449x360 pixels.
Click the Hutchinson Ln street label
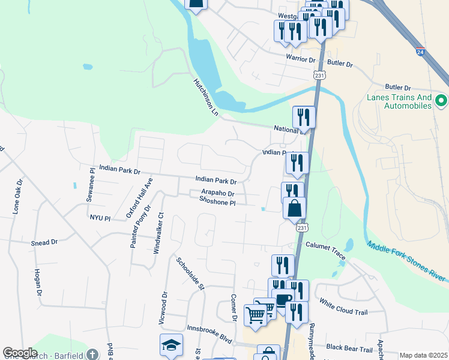pyautogui.click(x=206, y=96)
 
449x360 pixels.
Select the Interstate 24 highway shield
pyautogui.click(x=420, y=52)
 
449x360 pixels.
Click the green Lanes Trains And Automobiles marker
pyautogui.click(x=442, y=100)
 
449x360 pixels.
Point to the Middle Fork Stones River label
pyautogui.click(x=408, y=261)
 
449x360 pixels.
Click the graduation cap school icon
pyautogui.click(x=170, y=345)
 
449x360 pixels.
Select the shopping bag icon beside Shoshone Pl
pyautogui.click(x=295, y=208)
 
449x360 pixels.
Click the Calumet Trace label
pyautogui.click(x=325, y=250)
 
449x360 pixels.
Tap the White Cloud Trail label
pyautogui.click(x=343, y=307)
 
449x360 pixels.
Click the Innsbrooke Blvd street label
pyautogui.click(x=209, y=333)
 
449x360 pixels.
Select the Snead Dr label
pyautogui.click(x=44, y=242)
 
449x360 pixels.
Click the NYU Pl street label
pyautogui.click(x=100, y=218)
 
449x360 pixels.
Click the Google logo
pyautogui.click(x=20, y=353)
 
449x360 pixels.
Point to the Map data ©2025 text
pyautogui.click(x=423, y=355)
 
